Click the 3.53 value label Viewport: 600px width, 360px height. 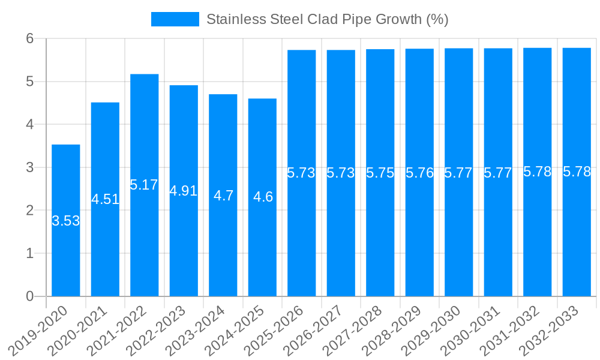[x=66, y=221]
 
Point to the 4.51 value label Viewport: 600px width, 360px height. [x=106, y=199]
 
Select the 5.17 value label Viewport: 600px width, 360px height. [x=144, y=185]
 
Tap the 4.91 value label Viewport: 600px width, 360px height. [x=184, y=191]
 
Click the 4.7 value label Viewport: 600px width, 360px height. [x=223, y=196]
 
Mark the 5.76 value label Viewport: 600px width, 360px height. [x=419, y=173]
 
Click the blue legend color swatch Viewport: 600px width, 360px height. [x=175, y=19]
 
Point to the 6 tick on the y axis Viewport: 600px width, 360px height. [x=31, y=38]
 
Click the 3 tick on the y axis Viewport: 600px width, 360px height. [x=31, y=167]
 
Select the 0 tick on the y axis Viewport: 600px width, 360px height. [x=31, y=296]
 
